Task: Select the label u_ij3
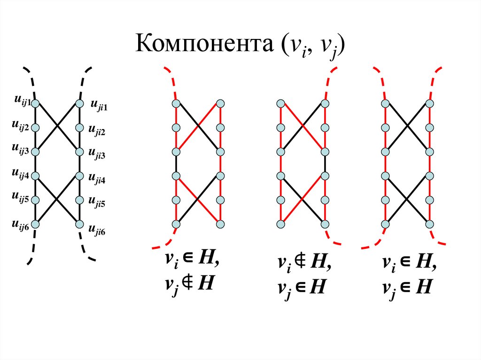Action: click(x=21, y=148)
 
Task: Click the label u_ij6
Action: click(x=21, y=225)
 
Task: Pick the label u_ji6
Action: click(x=97, y=230)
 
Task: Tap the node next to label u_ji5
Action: click(x=80, y=199)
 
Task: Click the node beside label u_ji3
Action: click(x=80, y=152)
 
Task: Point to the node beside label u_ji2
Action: click(x=80, y=127)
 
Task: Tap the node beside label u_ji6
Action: click(x=80, y=224)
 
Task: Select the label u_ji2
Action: click(x=97, y=131)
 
